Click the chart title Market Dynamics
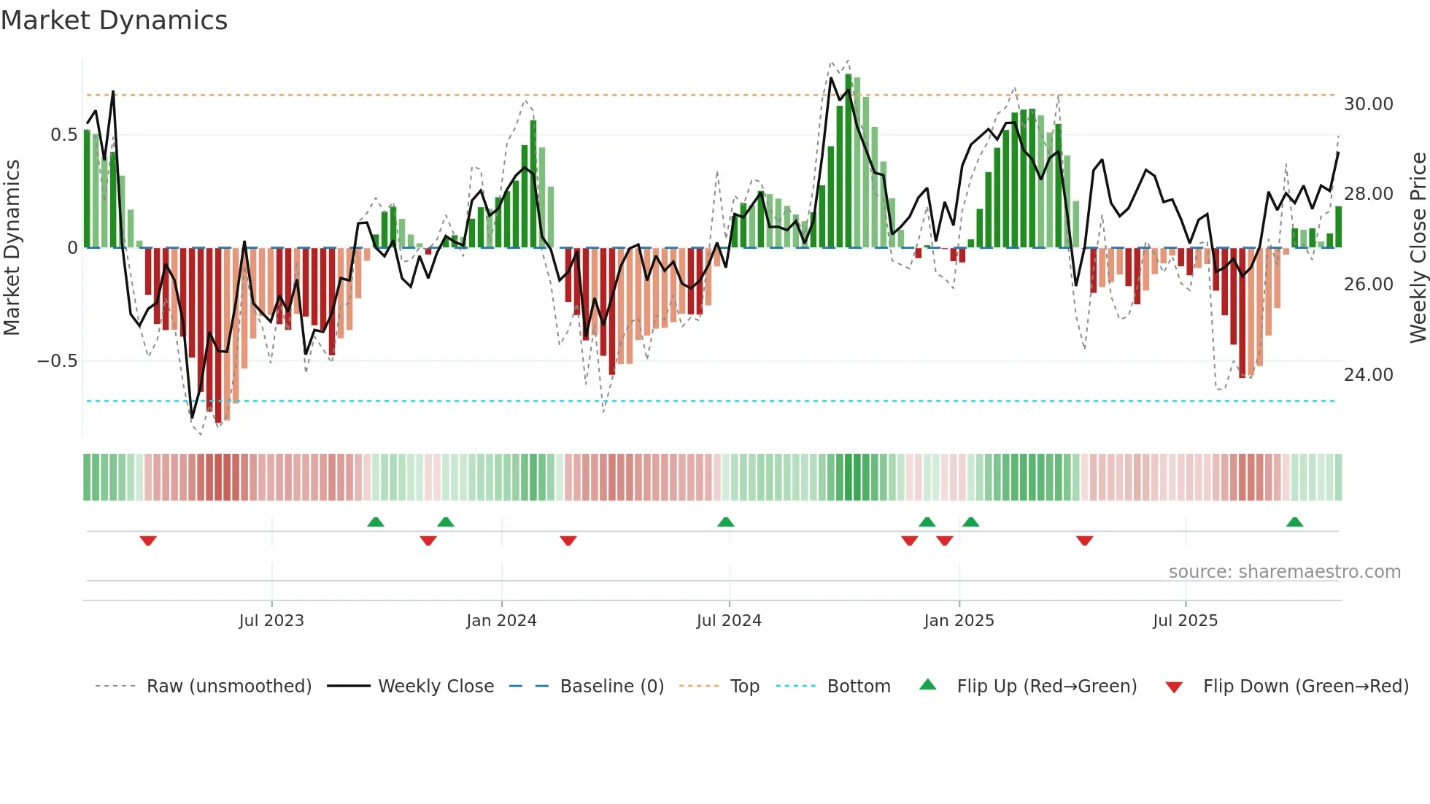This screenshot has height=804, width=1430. [114, 20]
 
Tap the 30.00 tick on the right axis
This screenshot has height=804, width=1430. [1368, 104]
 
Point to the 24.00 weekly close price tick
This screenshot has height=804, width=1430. [1368, 375]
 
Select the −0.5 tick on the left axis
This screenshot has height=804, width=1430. [58, 361]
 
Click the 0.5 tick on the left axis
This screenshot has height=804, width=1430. [63, 135]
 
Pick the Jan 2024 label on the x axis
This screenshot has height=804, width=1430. [501, 621]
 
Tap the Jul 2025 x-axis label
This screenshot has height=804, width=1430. [1185, 621]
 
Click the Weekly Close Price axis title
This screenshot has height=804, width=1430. [1418, 248]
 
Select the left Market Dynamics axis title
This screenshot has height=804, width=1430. [12, 248]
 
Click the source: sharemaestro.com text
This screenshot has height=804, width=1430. [1284, 572]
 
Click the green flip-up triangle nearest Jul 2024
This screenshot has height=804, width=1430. [725, 522]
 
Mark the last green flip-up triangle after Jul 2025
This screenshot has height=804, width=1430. [1294, 522]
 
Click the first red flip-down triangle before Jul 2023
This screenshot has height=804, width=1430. [148, 541]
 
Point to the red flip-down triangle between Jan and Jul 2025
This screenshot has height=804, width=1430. [1084, 541]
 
